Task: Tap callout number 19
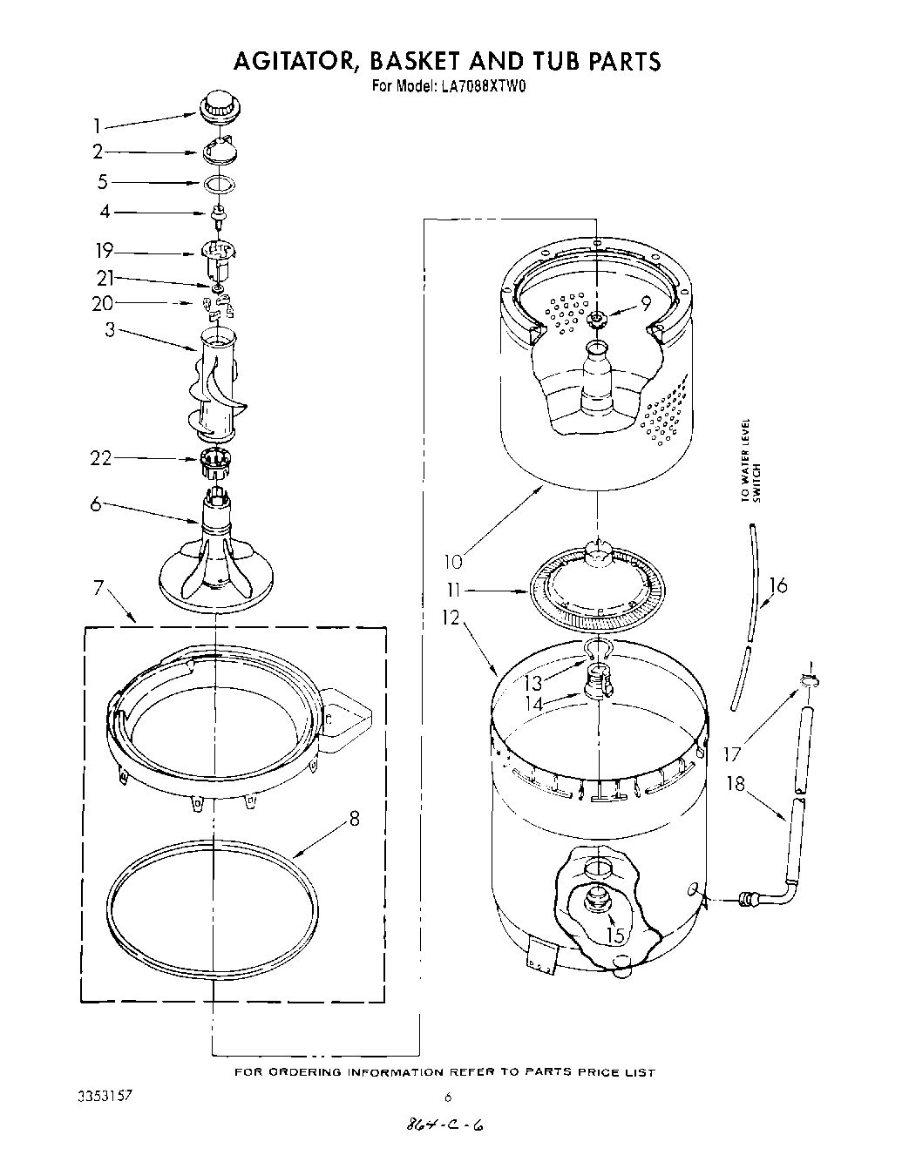(105, 252)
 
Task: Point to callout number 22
(102, 458)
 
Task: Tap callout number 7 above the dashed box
(100, 588)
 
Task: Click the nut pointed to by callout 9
(597, 320)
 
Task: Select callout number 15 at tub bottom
(616, 935)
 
